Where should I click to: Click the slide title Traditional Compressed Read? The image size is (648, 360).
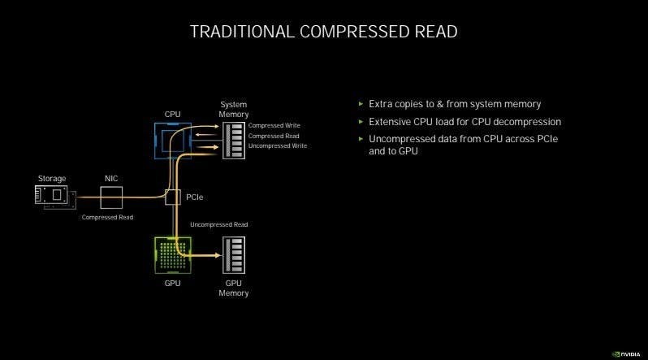click(x=323, y=32)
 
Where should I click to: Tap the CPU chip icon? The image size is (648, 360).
click(x=172, y=139)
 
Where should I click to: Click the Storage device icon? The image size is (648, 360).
click(x=54, y=196)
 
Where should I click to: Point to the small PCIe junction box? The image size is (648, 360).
click(x=172, y=196)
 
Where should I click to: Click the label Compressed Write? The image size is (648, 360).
click(x=274, y=126)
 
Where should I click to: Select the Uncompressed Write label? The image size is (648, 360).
click(x=278, y=146)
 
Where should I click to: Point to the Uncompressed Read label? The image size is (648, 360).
click(x=218, y=224)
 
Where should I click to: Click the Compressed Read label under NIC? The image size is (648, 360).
click(x=107, y=218)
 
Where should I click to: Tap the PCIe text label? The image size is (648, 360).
click(x=195, y=197)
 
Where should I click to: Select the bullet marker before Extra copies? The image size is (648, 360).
click(x=361, y=104)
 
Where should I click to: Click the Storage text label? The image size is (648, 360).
click(x=52, y=178)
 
